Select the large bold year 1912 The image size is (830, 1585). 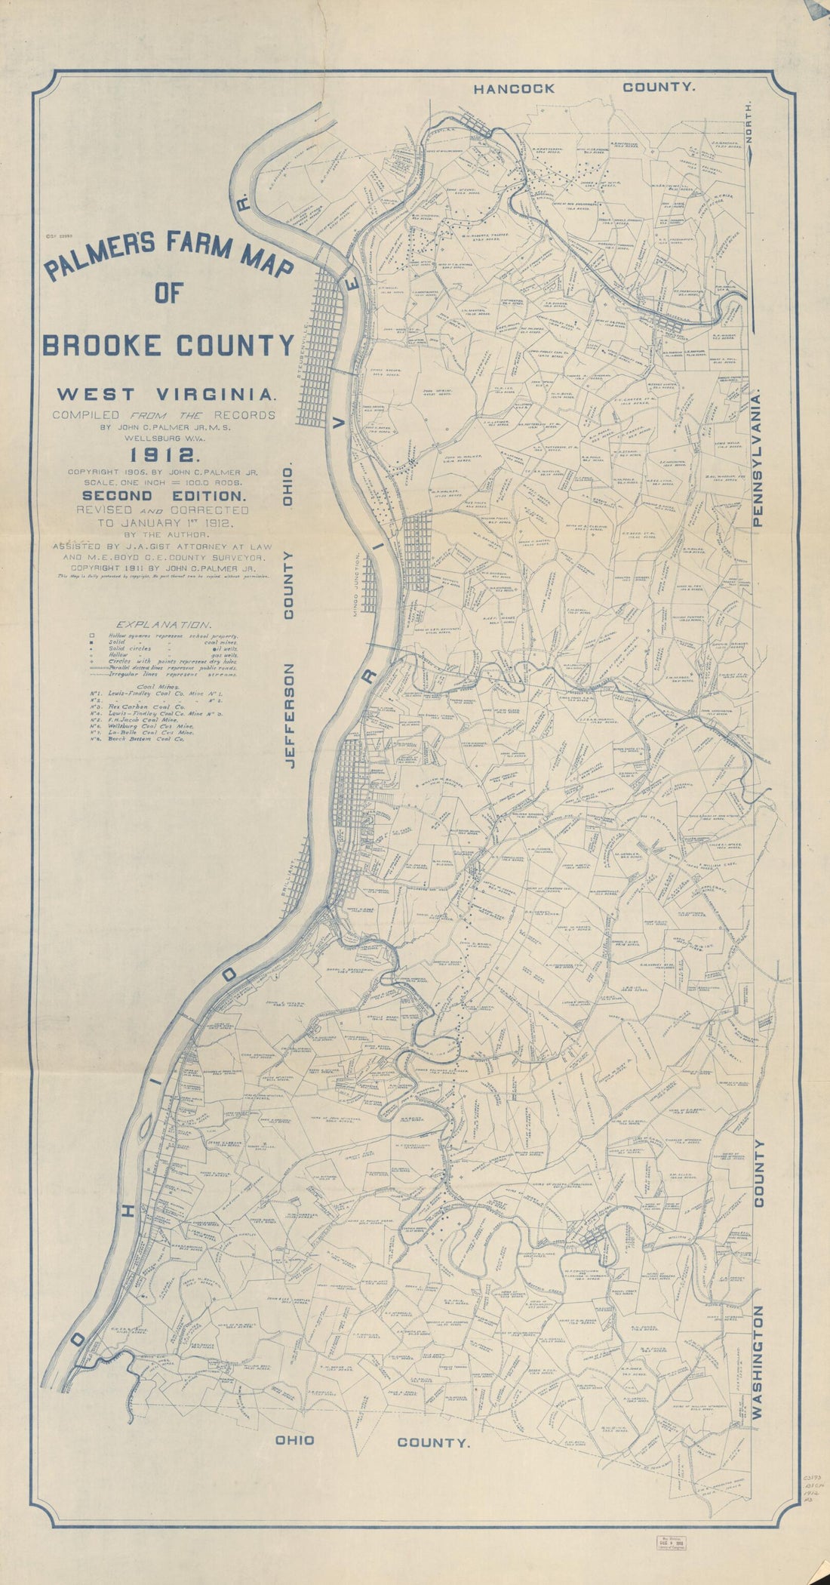(x=164, y=454)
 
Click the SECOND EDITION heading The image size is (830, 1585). (x=164, y=496)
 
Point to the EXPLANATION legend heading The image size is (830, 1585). (x=162, y=624)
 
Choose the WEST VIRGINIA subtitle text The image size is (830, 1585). (x=164, y=393)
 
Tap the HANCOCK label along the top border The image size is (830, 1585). (x=514, y=88)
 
